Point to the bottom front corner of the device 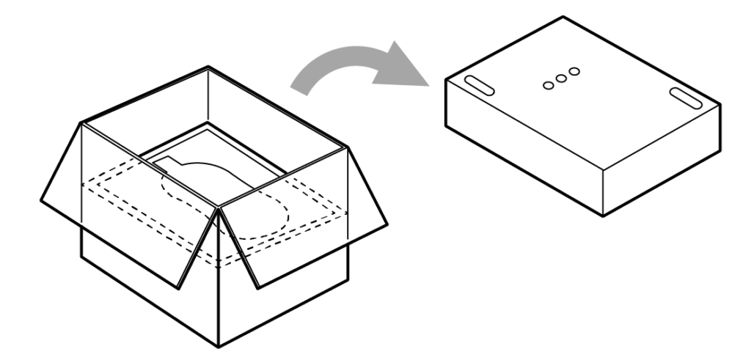point(603,215)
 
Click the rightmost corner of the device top point(719,104)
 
